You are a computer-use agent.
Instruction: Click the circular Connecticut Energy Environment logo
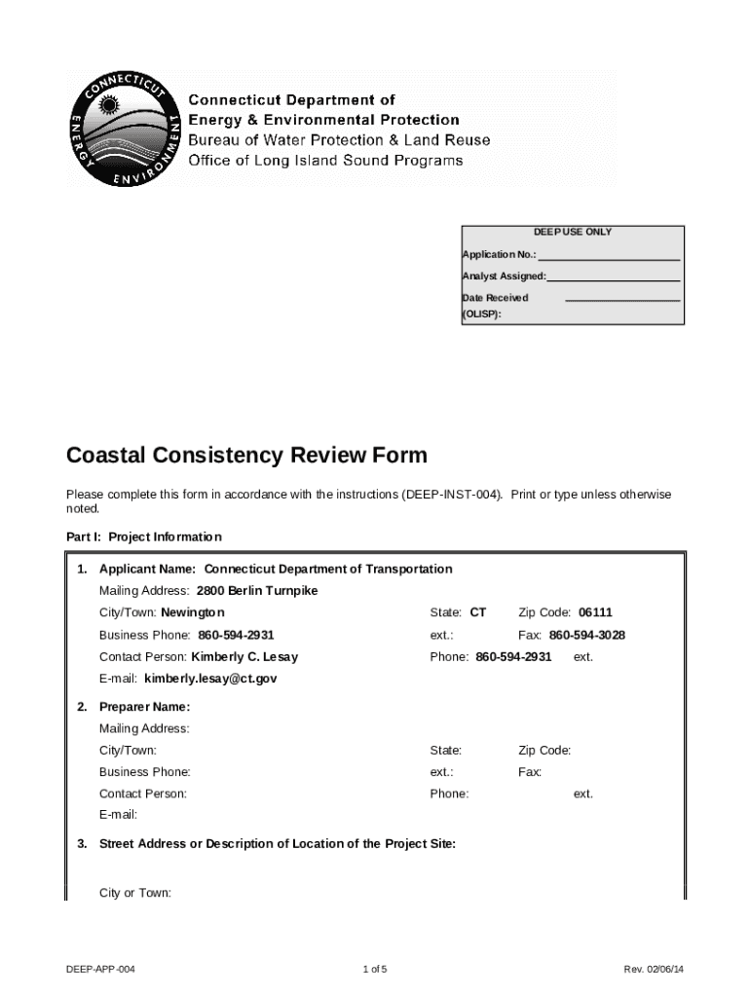123,128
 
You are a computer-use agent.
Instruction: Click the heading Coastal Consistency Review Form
246,456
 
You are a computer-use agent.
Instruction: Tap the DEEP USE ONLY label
572,233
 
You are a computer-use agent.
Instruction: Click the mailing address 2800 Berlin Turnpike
257,591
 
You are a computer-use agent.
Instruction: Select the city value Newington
193,612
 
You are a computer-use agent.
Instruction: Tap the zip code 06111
595,612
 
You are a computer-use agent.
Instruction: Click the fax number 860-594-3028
587,635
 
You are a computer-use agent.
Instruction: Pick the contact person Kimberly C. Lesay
244,657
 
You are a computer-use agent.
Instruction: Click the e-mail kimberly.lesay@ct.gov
210,679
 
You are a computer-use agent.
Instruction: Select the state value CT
477,612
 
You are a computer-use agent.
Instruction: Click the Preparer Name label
144,707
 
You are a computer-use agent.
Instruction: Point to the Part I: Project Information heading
144,536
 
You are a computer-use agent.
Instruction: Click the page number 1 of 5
375,970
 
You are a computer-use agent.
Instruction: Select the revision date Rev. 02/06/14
660,970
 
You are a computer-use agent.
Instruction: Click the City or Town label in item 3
135,893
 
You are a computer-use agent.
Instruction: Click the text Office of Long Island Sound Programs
325,161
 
